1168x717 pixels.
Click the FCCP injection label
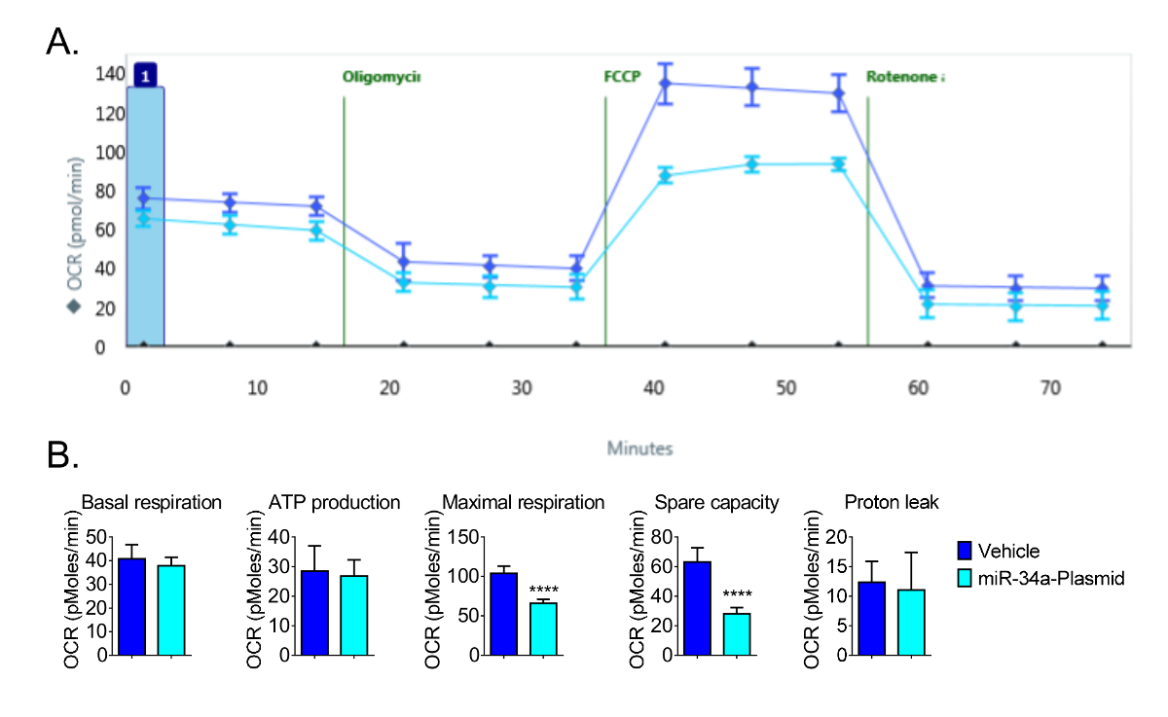(622, 76)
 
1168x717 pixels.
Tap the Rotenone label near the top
(905, 76)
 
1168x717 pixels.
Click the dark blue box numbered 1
(145, 76)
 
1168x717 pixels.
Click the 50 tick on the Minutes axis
(785, 387)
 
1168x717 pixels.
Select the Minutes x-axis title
(639, 448)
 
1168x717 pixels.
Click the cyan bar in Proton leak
(911, 622)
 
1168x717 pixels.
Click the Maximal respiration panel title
(524, 503)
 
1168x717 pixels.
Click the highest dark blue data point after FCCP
(666, 83)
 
